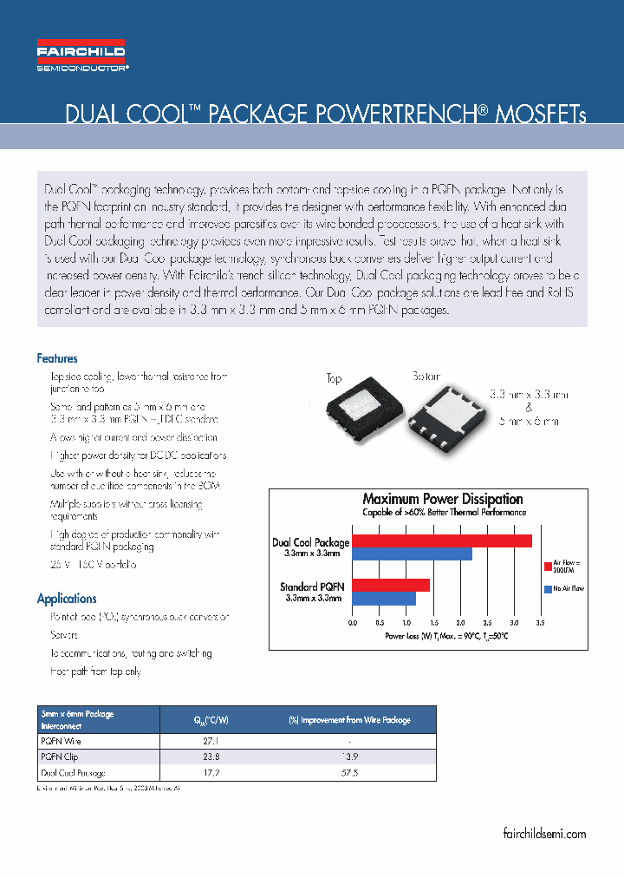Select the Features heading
pyautogui.click(x=57, y=358)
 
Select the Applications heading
pyautogui.click(x=67, y=599)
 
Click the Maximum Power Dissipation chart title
pyautogui.click(x=442, y=499)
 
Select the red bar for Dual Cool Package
pyautogui.click(x=442, y=541)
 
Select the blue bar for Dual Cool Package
pyautogui.click(x=412, y=554)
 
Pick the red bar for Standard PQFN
pyautogui.click(x=391, y=584)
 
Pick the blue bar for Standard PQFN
pyautogui.click(x=384, y=598)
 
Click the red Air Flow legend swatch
pyautogui.click(x=548, y=566)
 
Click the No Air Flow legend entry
pyautogui.click(x=569, y=589)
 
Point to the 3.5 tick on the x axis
pyautogui.click(x=540, y=623)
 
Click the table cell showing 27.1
pyautogui.click(x=211, y=742)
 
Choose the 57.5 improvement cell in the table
pyautogui.click(x=348, y=772)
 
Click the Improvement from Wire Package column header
pyautogui.click(x=349, y=720)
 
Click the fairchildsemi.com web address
pyautogui.click(x=544, y=834)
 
